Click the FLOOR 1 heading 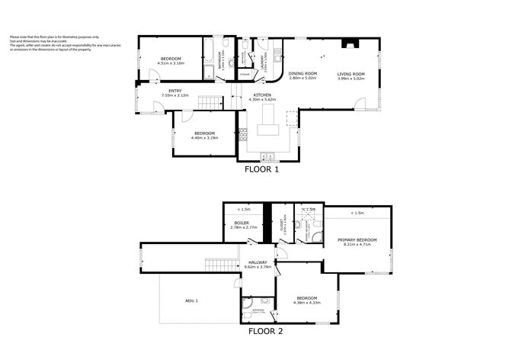[x=261, y=170]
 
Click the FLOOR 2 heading [x=266, y=332]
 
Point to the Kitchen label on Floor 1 [x=261, y=97]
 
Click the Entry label [x=174, y=93]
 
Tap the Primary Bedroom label [x=357, y=242]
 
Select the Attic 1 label [x=191, y=301]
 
